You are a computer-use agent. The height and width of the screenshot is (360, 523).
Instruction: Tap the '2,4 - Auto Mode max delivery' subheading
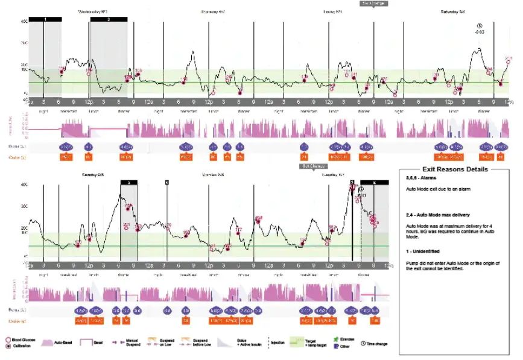(x=440, y=215)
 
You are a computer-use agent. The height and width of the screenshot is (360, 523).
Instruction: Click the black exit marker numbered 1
(x=45, y=19)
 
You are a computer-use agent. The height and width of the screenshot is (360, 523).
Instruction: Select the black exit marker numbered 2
(x=108, y=19)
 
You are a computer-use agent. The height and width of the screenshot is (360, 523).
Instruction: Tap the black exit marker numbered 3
(x=128, y=182)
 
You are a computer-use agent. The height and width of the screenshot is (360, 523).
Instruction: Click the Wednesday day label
(x=93, y=11)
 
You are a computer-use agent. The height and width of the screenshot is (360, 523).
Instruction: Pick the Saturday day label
(x=452, y=11)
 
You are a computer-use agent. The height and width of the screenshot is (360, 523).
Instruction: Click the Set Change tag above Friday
(x=373, y=3)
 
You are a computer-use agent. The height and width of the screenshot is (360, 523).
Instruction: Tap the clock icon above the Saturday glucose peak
(x=480, y=25)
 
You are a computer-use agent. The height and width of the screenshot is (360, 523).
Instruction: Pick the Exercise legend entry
(x=341, y=341)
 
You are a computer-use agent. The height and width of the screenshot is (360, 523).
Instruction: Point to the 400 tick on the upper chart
(x=24, y=22)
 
